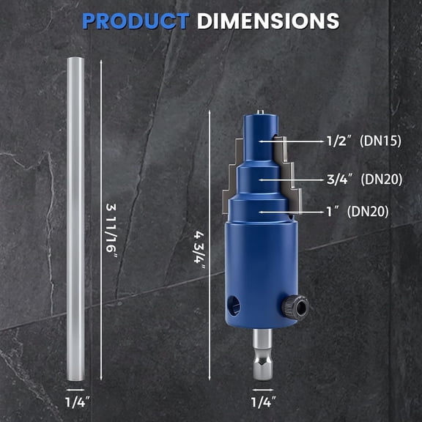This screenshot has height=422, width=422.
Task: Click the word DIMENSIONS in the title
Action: (x=267, y=20)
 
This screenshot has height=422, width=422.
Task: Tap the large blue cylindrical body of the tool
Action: (x=262, y=271)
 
